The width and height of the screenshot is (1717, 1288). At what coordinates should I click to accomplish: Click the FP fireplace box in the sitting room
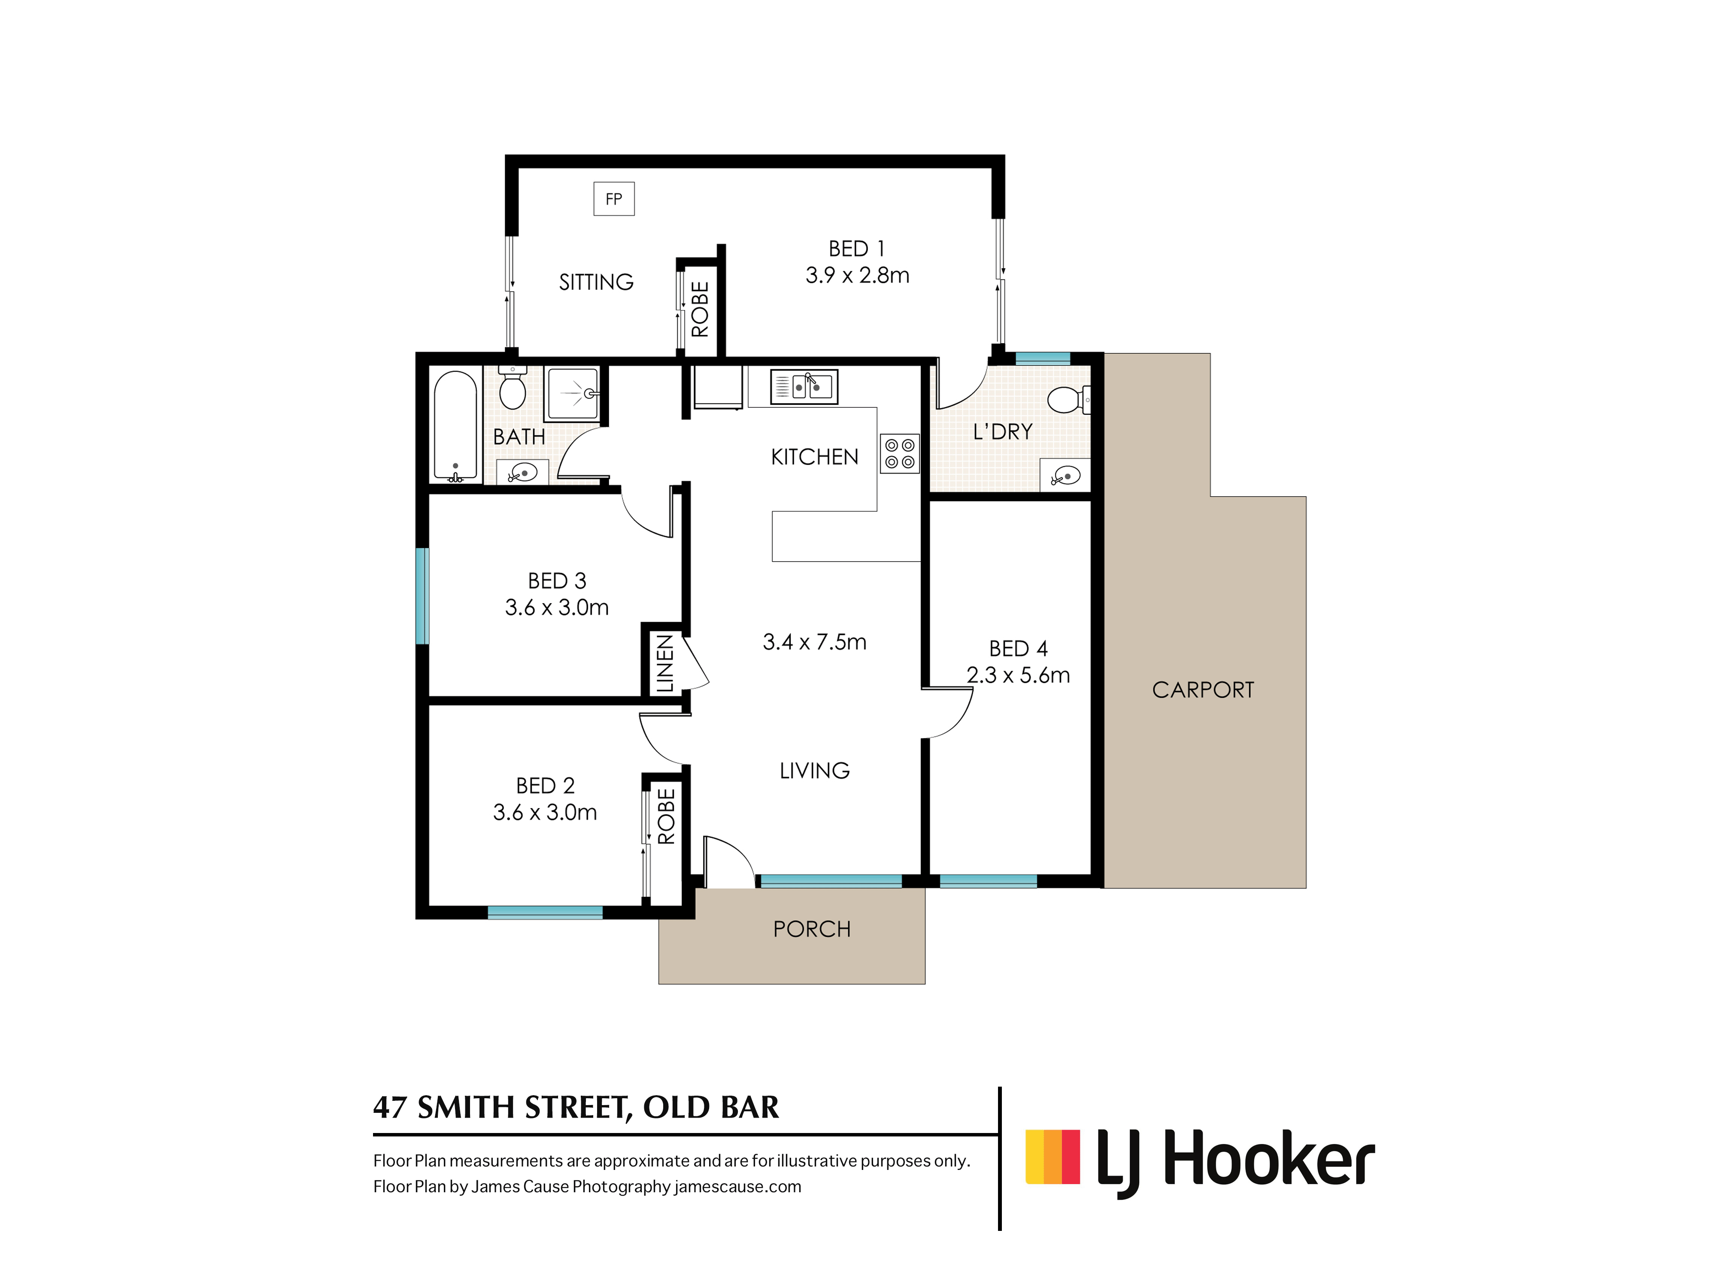click(613, 199)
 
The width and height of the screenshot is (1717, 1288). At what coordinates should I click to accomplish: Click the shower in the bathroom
click(573, 394)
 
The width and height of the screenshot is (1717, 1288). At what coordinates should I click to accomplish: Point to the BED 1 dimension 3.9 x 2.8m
click(857, 275)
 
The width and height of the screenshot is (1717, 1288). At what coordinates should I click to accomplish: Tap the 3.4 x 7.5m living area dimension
click(814, 642)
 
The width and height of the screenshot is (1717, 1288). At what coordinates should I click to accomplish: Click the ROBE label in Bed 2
click(666, 816)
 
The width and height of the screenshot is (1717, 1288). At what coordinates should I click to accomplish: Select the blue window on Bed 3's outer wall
click(422, 596)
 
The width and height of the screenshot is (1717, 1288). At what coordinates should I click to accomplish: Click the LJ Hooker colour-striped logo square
click(1053, 1157)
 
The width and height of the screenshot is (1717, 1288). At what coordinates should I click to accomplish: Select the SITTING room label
click(596, 282)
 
